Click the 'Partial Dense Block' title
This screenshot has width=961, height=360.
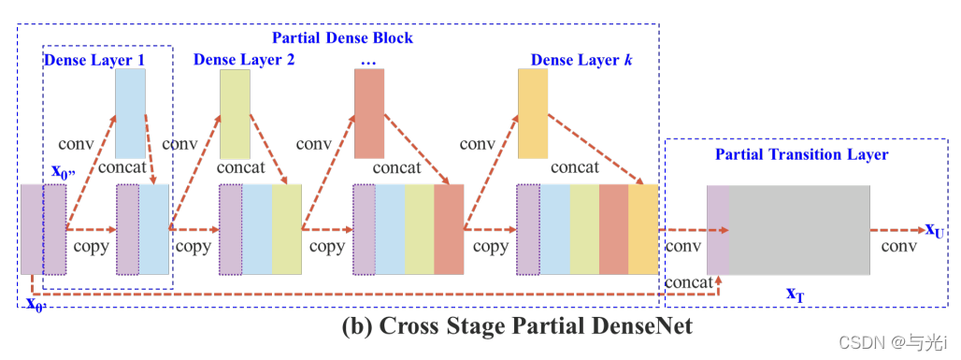click(x=342, y=38)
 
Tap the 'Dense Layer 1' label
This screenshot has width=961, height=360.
click(x=94, y=60)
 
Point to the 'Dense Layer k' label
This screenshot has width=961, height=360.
click(x=574, y=60)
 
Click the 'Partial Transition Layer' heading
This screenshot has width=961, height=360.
click(x=801, y=153)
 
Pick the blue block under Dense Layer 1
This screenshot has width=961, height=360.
click(x=130, y=113)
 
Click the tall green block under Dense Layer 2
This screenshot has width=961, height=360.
click(x=235, y=114)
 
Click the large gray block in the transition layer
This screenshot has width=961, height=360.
click(x=799, y=229)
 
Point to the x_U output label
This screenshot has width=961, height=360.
click(x=934, y=229)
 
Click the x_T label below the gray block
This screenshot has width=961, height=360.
click(x=795, y=294)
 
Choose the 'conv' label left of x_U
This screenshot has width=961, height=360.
click(x=897, y=248)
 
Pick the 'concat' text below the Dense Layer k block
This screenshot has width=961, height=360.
click(x=574, y=168)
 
